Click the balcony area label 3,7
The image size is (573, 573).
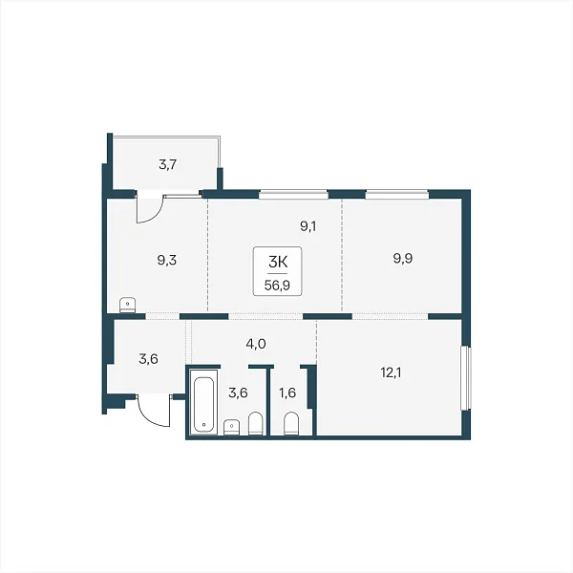168,165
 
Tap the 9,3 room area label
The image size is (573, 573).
167,261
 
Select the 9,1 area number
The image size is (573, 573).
308,226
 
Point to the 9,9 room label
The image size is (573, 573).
403,259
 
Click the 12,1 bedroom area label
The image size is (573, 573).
391,372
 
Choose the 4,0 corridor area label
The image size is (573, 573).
256,344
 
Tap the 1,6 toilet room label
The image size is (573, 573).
287,393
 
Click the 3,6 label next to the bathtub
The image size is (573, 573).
238,393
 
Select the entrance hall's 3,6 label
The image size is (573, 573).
148,359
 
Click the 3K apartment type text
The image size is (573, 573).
278,262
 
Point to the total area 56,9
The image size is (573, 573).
277,285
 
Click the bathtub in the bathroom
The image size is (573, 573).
203,403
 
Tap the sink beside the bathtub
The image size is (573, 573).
232,428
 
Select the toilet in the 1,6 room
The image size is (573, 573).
291,424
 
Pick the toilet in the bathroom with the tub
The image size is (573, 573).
255,424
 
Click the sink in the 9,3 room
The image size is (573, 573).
128,306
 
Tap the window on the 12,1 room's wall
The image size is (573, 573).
466,378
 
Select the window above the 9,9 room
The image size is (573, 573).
397,194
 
